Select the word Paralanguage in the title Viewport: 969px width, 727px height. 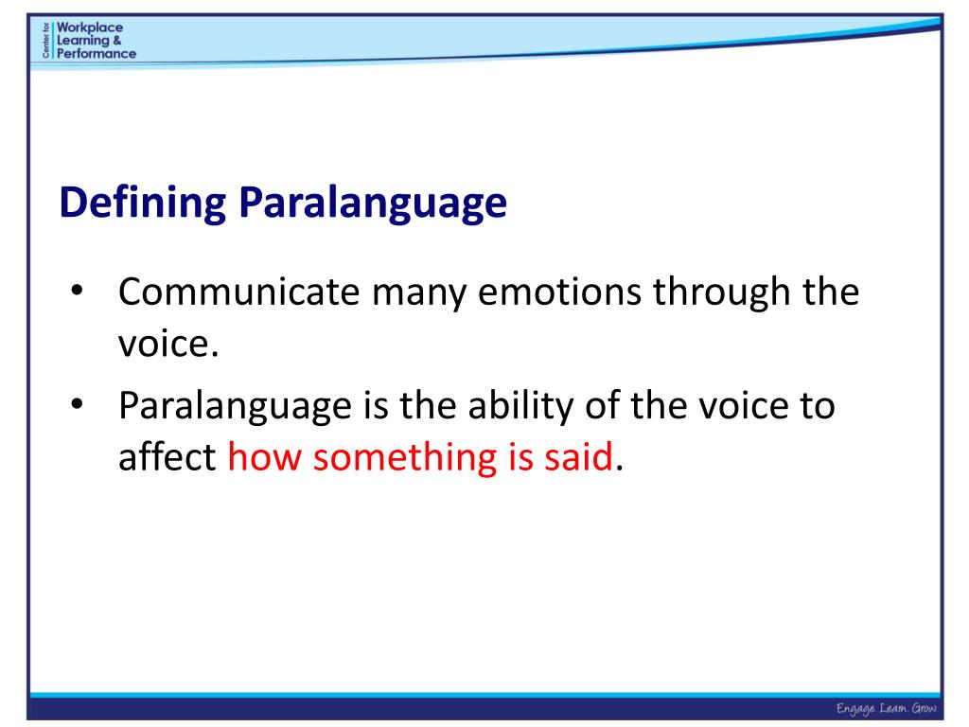[372, 204]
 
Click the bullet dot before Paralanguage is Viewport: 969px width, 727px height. [78, 404]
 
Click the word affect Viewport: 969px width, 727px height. [168, 458]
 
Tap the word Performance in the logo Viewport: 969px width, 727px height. [97, 53]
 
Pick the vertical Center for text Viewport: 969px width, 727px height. [46, 40]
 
